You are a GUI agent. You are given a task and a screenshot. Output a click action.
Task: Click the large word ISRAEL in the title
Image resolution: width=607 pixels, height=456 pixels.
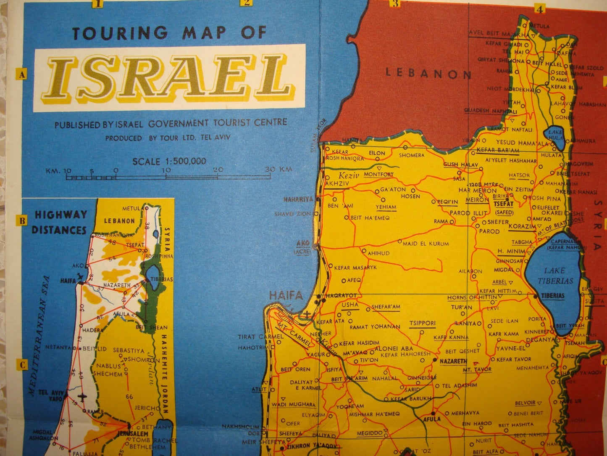[170, 78]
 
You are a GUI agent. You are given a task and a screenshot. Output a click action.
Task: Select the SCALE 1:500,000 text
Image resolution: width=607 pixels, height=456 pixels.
[169, 161]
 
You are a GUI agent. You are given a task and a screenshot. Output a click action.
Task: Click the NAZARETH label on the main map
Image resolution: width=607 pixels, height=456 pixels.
[453, 361]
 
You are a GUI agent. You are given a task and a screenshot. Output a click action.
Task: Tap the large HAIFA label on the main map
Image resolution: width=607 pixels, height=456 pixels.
[286, 295]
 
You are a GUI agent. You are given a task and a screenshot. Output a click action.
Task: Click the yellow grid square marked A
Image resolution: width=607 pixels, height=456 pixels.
[21, 75]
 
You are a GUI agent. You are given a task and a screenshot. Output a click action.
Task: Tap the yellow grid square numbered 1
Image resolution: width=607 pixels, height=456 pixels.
[99, 4]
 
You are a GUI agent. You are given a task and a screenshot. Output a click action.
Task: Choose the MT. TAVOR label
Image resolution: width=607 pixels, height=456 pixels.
[477, 369]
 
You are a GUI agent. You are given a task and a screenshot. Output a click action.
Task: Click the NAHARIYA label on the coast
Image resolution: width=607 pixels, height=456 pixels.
[298, 199]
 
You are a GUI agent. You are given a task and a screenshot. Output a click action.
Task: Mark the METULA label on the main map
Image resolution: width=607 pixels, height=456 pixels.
[539, 26]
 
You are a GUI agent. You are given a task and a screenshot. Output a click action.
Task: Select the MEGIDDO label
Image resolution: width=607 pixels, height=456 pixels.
[370, 433]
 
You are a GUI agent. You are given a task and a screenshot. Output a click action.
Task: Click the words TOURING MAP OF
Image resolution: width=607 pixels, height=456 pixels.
[169, 33]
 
